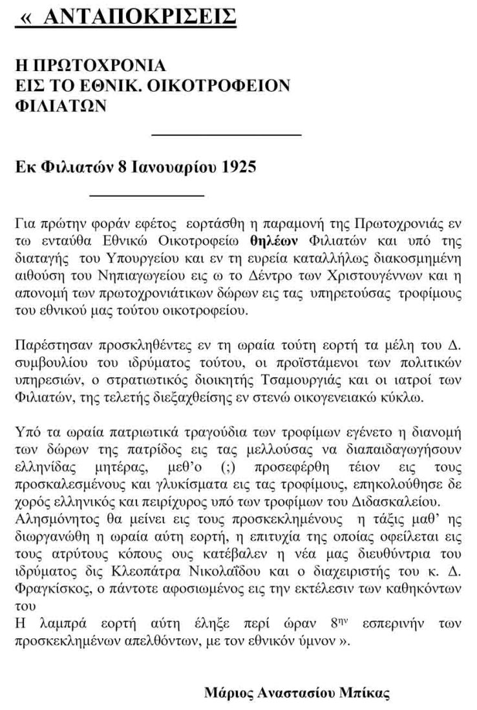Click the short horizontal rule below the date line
(x=146, y=194)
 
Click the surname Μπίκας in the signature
(x=366, y=694)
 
